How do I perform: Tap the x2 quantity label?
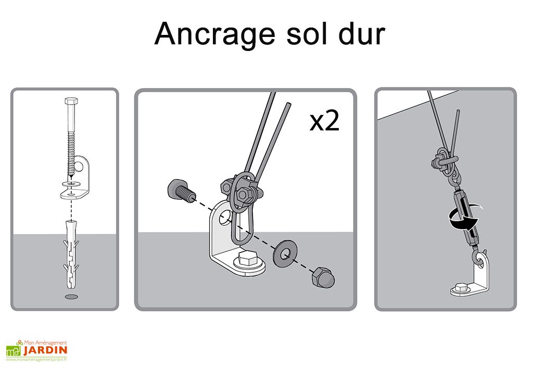point(324,122)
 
